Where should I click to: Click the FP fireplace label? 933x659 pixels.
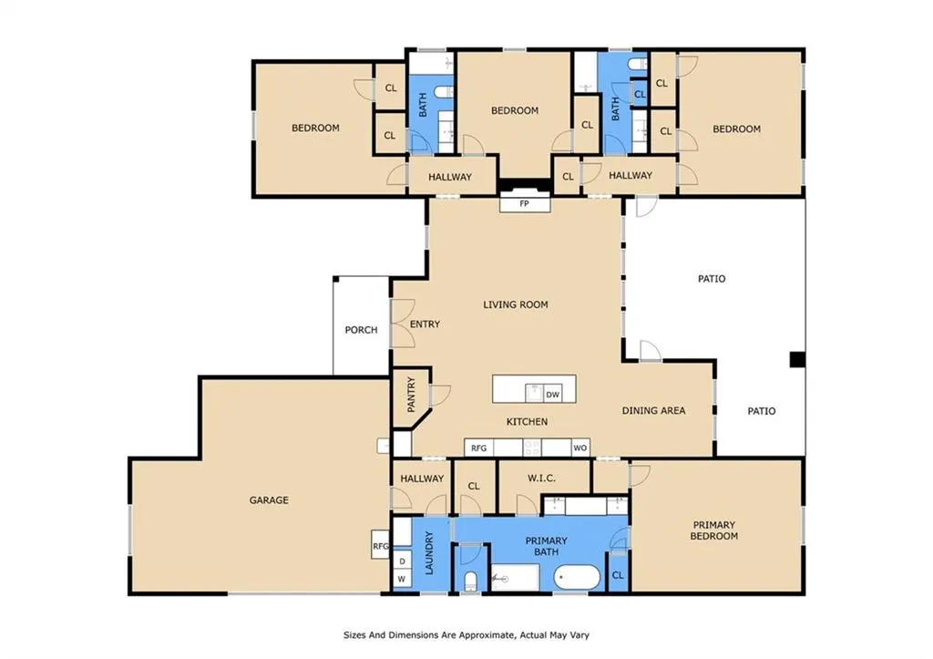click(x=524, y=203)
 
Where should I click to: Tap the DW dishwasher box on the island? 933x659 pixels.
click(x=553, y=394)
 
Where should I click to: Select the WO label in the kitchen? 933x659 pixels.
click(x=580, y=448)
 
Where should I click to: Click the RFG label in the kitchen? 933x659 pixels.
click(x=479, y=448)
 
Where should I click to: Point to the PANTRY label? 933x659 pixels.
click(x=411, y=395)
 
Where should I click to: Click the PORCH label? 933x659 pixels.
click(x=361, y=330)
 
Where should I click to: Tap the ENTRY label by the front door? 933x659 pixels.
click(x=425, y=324)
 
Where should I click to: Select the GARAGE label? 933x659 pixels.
click(x=269, y=500)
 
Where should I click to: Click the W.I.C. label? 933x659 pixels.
click(x=541, y=478)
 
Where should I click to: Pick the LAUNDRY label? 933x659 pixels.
click(x=429, y=553)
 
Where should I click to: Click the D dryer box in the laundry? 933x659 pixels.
click(x=402, y=561)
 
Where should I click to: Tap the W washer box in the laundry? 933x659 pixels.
click(x=402, y=578)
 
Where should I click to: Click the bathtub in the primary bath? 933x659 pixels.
click(x=577, y=578)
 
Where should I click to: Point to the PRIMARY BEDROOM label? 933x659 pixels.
click(x=714, y=530)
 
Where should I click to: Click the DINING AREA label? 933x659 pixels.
click(x=653, y=410)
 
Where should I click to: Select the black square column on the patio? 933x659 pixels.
click(x=797, y=359)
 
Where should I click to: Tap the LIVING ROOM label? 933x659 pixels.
click(x=516, y=304)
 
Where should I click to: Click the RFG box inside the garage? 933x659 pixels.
click(x=380, y=545)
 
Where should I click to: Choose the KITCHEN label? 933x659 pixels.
click(x=527, y=421)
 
